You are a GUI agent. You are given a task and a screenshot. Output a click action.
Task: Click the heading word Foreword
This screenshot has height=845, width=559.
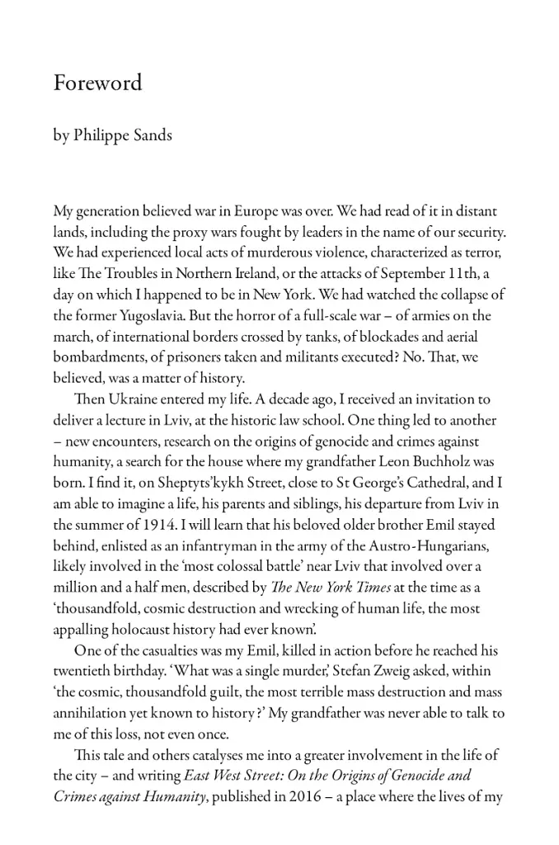click(97, 83)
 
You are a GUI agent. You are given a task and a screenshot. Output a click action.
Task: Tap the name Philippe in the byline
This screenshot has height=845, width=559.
click(102, 136)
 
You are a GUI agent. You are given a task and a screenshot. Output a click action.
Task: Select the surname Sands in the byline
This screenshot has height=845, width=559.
click(154, 136)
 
